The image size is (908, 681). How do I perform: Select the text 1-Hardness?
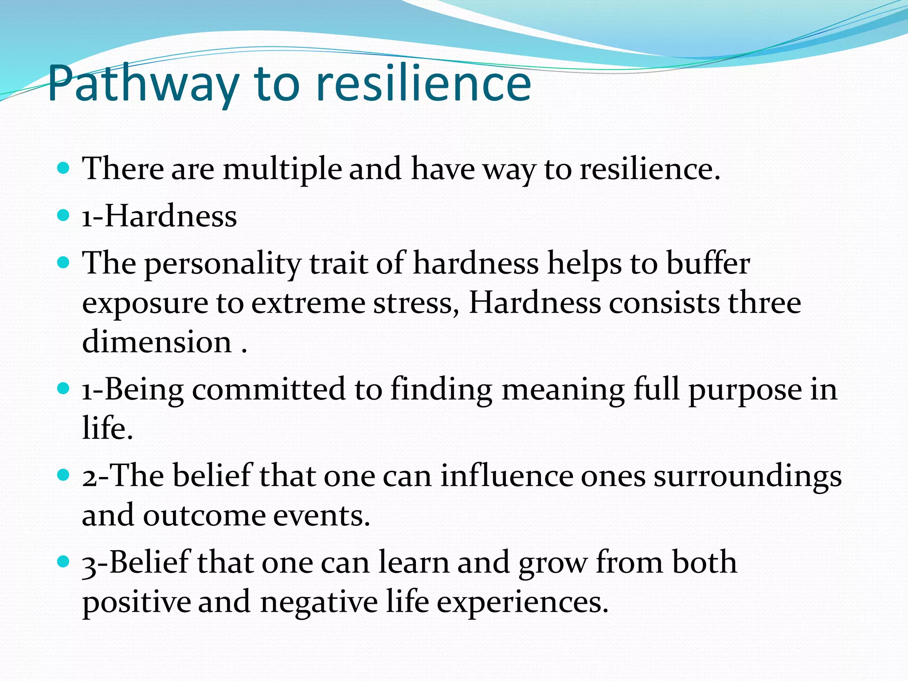pos(160,216)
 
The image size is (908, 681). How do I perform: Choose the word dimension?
pos(157,342)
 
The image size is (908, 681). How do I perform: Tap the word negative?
pos(319,603)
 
